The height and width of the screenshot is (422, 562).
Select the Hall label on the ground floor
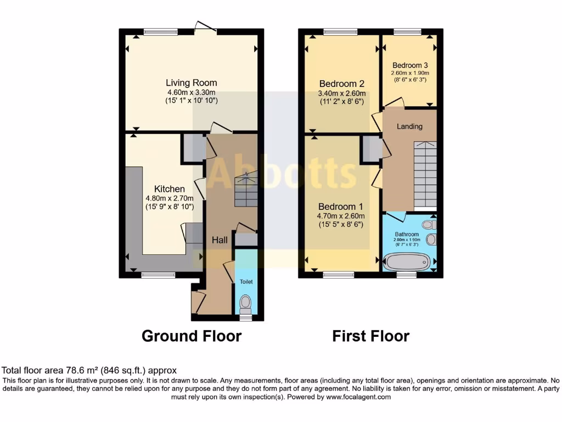coord(220,240)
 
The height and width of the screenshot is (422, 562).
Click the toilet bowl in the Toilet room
coord(246,302)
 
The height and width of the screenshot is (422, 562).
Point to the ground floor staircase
coord(246,190)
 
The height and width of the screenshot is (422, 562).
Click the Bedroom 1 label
coord(341,206)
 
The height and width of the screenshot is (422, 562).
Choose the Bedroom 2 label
coord(341,84)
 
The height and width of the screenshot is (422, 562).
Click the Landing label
coord(409,126)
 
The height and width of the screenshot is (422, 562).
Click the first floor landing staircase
coord(424,173)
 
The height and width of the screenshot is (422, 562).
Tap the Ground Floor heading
coord(192,336)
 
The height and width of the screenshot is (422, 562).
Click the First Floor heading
coord(370,336)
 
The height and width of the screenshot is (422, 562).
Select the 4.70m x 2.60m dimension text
coord(341,215)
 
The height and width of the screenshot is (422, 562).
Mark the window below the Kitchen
coord(155,275)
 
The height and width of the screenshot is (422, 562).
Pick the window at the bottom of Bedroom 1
coord(338,275)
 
